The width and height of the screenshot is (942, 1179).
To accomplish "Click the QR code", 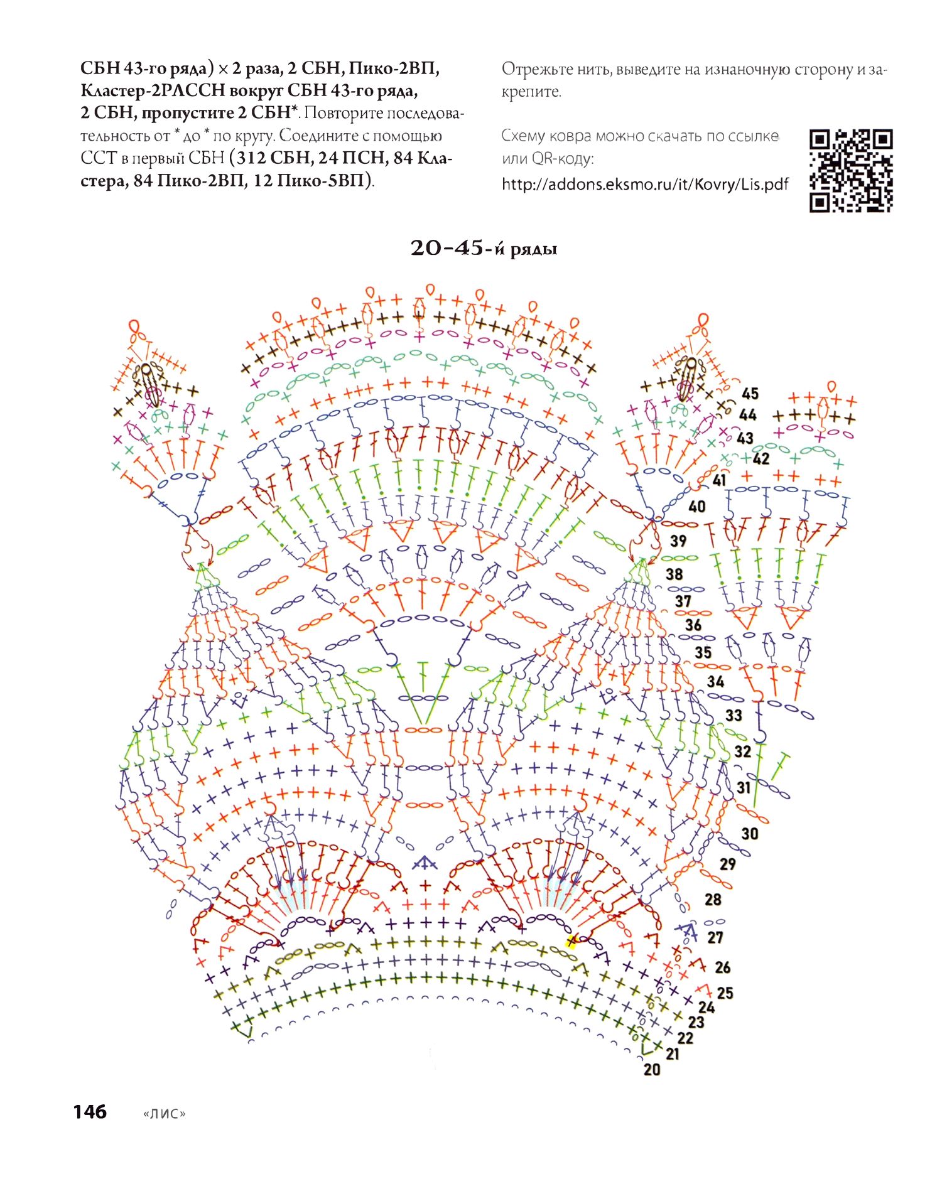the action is (851, 170).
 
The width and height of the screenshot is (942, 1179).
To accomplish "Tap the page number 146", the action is (90, 1112).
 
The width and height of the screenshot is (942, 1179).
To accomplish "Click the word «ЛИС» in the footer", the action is (165, 1114).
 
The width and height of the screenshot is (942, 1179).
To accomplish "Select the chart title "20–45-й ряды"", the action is (484, 249).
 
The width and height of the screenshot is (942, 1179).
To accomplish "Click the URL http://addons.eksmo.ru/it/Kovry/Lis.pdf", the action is (645, 185).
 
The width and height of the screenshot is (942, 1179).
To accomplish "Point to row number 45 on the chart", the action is (750, 394).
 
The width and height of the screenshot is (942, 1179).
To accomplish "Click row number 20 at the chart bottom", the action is (652, 1069).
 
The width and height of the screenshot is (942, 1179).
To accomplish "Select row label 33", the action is (734, 715).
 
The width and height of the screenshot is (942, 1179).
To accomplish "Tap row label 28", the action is (713, 900).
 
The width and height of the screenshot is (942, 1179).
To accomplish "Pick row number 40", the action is (697, 507).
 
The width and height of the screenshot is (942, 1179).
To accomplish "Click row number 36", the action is (693, 625).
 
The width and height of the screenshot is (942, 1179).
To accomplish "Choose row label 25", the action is (725, 993).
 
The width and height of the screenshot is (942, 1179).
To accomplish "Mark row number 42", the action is (761, 459).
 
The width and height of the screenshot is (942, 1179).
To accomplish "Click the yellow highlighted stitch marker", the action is (571, 941).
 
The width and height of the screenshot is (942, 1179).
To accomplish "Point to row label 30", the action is (750, 834).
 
